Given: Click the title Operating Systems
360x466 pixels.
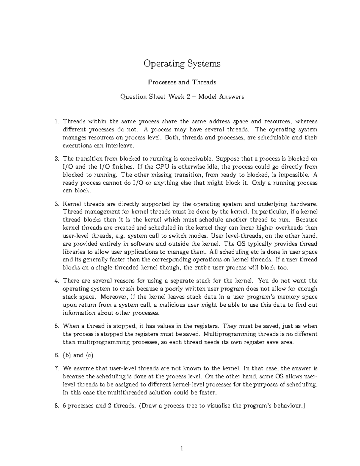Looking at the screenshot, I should [x=182, y=64].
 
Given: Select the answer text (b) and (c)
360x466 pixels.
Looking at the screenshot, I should [x=78, y=356].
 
